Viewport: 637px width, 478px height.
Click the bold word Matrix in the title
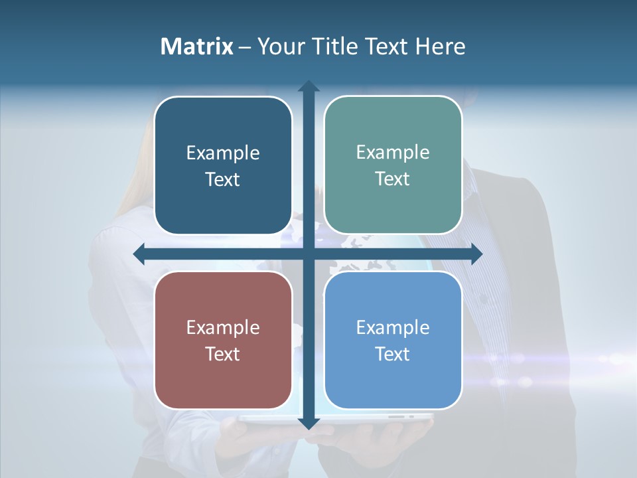(197, 46)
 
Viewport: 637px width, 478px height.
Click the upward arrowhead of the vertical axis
(309, 86)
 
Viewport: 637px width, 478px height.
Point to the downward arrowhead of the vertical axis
(309, 423)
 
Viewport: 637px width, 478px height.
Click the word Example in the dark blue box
(223, 153)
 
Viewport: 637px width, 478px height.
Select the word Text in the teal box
(393, 179)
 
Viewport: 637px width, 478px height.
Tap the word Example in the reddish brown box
(223, 328)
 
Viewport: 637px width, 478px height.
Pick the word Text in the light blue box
(393, 354)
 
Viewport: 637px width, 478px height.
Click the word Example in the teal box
(393, 153)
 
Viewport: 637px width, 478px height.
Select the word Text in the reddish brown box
(223, 354)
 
